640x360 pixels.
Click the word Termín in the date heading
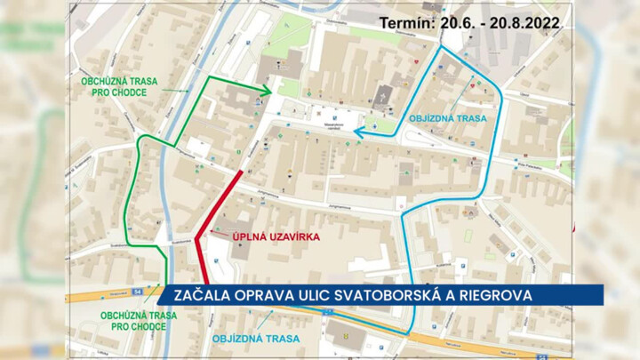coord(405,24)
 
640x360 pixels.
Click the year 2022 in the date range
coord(538,24)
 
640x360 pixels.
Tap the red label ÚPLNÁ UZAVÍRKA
coord(265,237)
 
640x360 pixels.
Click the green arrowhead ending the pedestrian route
coord(266,90)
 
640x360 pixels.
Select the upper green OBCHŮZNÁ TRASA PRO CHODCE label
coord(119,86)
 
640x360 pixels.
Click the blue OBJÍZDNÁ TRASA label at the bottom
coord(255,339)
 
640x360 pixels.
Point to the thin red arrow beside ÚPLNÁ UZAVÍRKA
coord(219,235)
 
